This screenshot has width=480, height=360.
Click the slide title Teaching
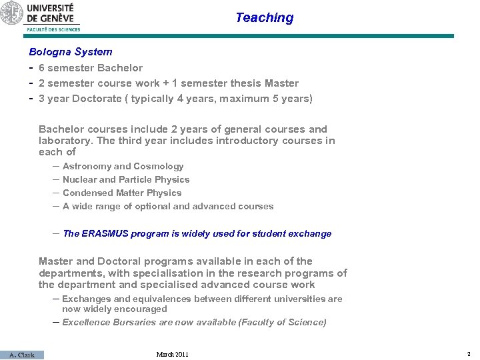coord(264,18)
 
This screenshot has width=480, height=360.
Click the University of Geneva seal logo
coord(11,13)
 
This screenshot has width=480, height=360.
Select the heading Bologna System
coord(71,51)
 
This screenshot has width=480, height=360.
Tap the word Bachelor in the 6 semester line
coord(120,67)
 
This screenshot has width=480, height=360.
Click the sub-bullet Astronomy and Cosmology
coord(123,166)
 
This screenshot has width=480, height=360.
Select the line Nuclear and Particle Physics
coord(126,179)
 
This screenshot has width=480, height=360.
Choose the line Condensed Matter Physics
coord(122,193)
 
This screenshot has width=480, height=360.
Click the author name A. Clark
coord(22,355)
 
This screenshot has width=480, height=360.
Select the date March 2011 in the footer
coord(172,354)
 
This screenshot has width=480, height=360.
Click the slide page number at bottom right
coord(469,354)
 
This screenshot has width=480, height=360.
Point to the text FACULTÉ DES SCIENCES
coord(53,29)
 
